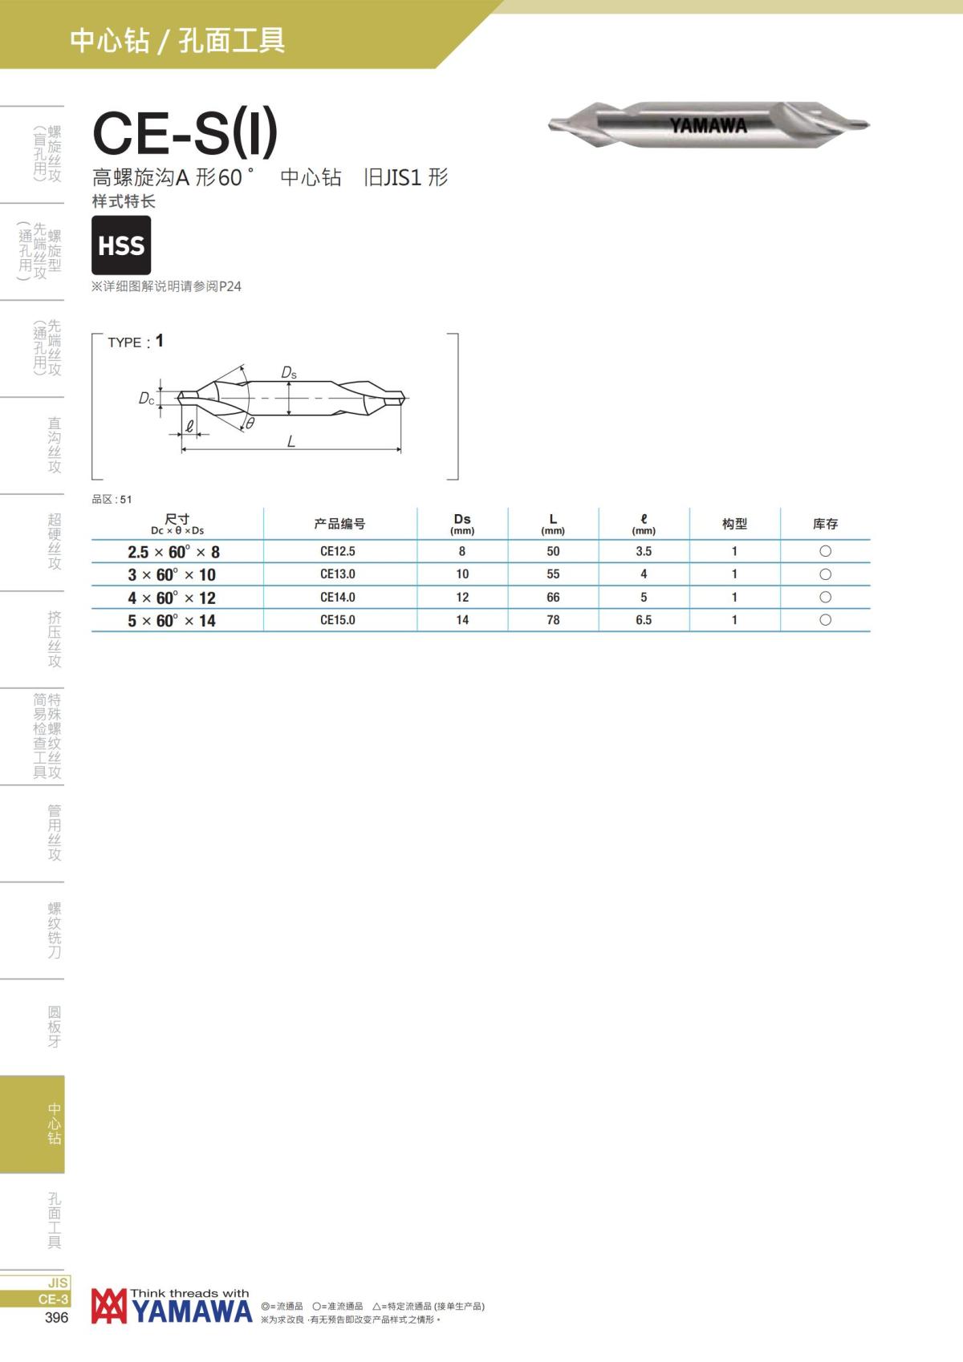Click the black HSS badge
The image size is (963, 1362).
pyautogui.click(x=121, y=245)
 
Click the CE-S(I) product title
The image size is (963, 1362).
pyautogui.click(x=185, y=132)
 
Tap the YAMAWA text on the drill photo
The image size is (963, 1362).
pyautogui.click(x=708, y=126)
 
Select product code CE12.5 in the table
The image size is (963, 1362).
pyautogui.click(x=338, y=552)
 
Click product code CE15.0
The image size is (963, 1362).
pyautogui.click(x=338, y=620)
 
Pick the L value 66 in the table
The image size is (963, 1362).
pyautogui.click(x=553, y=597)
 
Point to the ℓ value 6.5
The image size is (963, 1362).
pyautogui.click(x=644, y=620)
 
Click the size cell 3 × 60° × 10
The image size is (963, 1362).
pyautogui.click(x=172, y=574)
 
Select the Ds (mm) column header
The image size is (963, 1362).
pyautogui.click(x=462, y=524)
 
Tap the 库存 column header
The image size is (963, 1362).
pyautogui.click(x=826, y=524)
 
